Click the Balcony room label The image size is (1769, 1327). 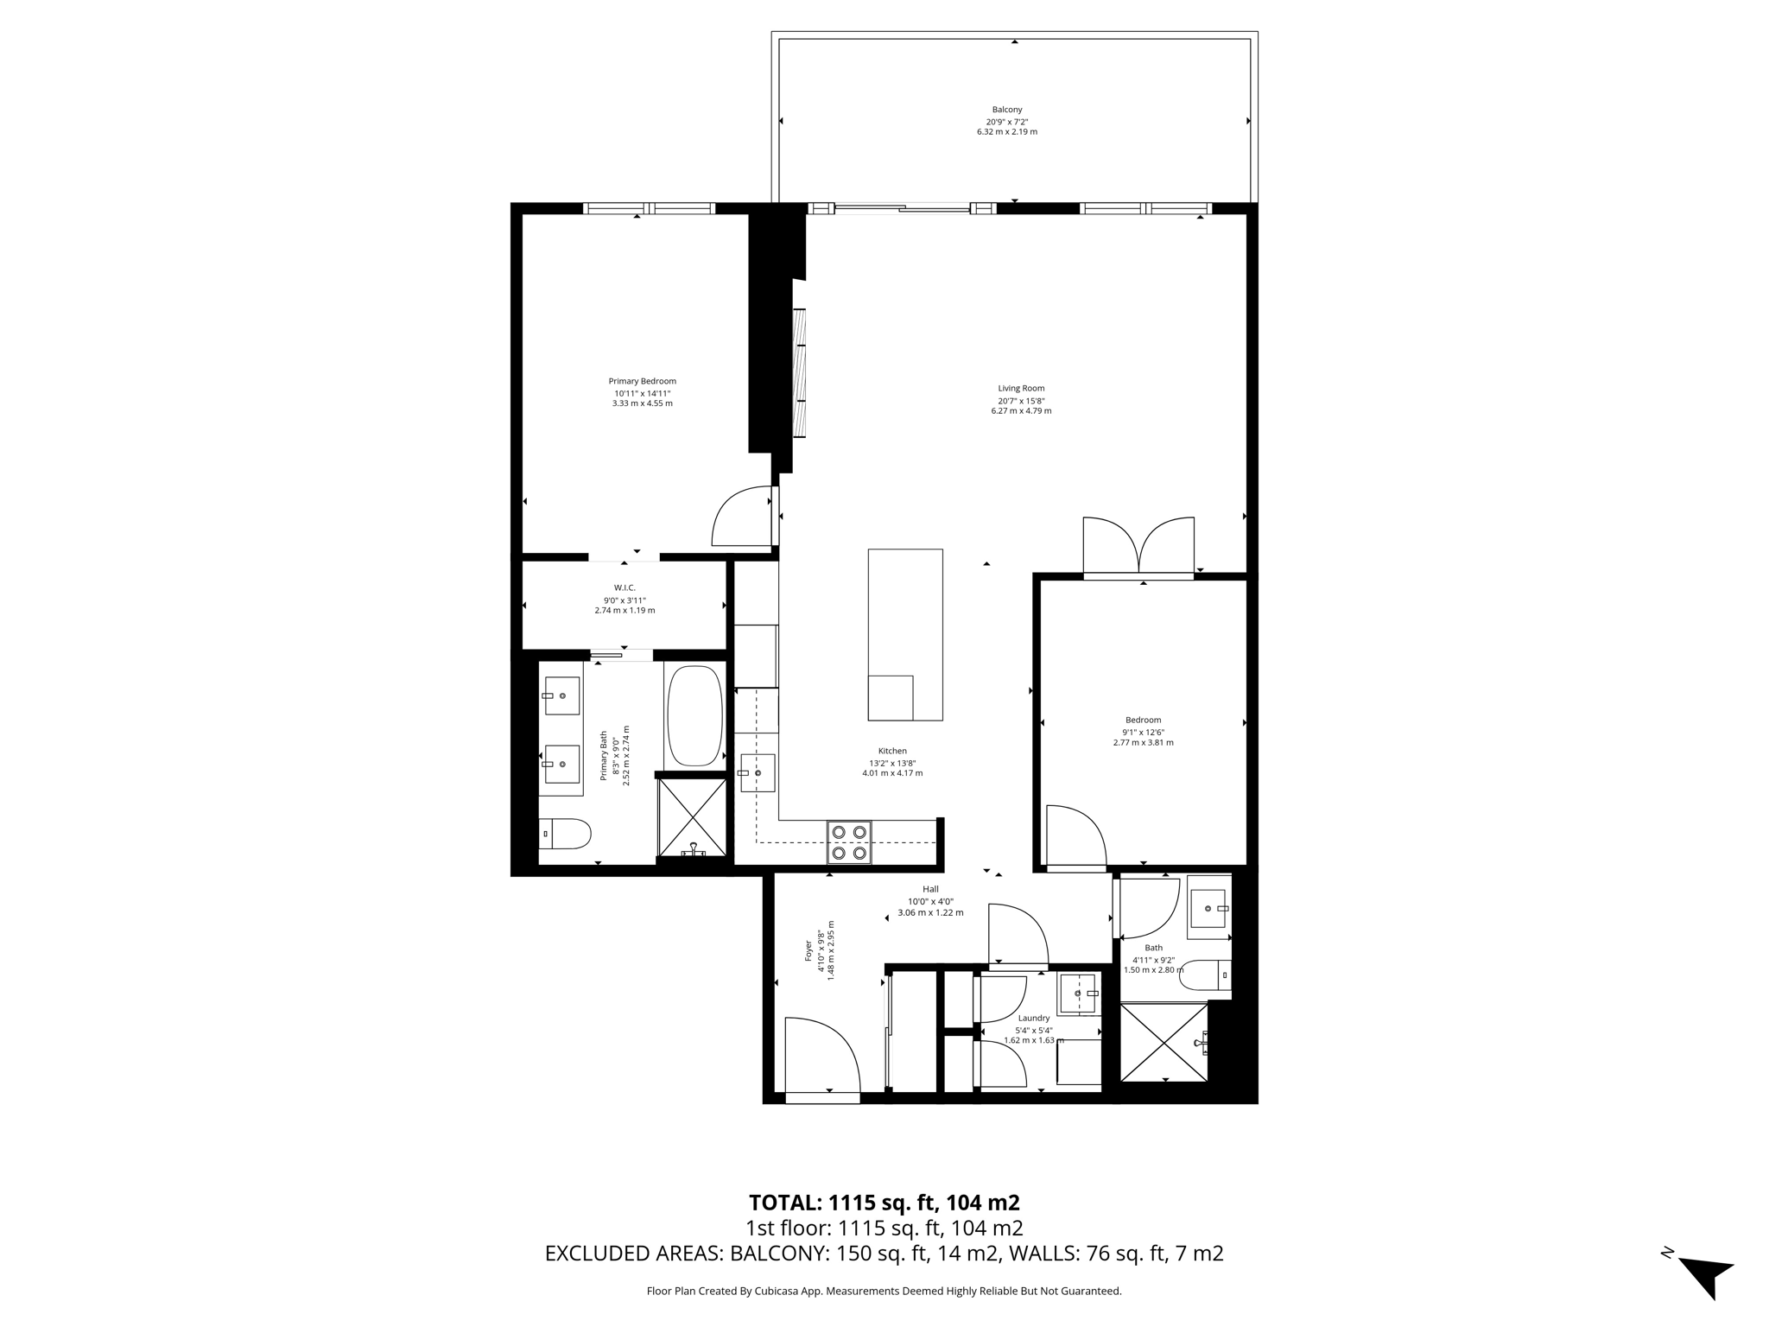(x=1007, y=110)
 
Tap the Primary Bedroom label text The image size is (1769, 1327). (x=642, y=381)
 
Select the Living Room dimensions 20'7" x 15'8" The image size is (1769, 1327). (x=1021, y=400)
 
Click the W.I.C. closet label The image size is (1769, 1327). (x=625, y=587)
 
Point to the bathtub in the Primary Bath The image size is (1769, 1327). (x=694, y=715)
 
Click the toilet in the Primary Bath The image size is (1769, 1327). (x=565, y=834)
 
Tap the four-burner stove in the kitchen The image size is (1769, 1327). (x=849, y=842)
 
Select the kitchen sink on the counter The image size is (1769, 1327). (x=758, y=773)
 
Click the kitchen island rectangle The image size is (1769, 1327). (x=905, y=635)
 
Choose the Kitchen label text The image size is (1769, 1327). (x=892, y=751)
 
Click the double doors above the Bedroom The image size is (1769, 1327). (x=1139, y=547)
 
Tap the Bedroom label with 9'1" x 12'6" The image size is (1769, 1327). (x=1143, y=720)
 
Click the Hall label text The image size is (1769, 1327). (x=930, y=889)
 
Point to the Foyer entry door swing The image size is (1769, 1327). (x=822, y=1055)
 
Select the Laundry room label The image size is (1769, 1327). (x=1034, y=1018)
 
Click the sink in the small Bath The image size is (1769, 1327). (x=1208, y=908)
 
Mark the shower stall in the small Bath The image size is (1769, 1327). (x=1164, y=1042)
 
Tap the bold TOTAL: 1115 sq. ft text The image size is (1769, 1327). (x=884, y=1203)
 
